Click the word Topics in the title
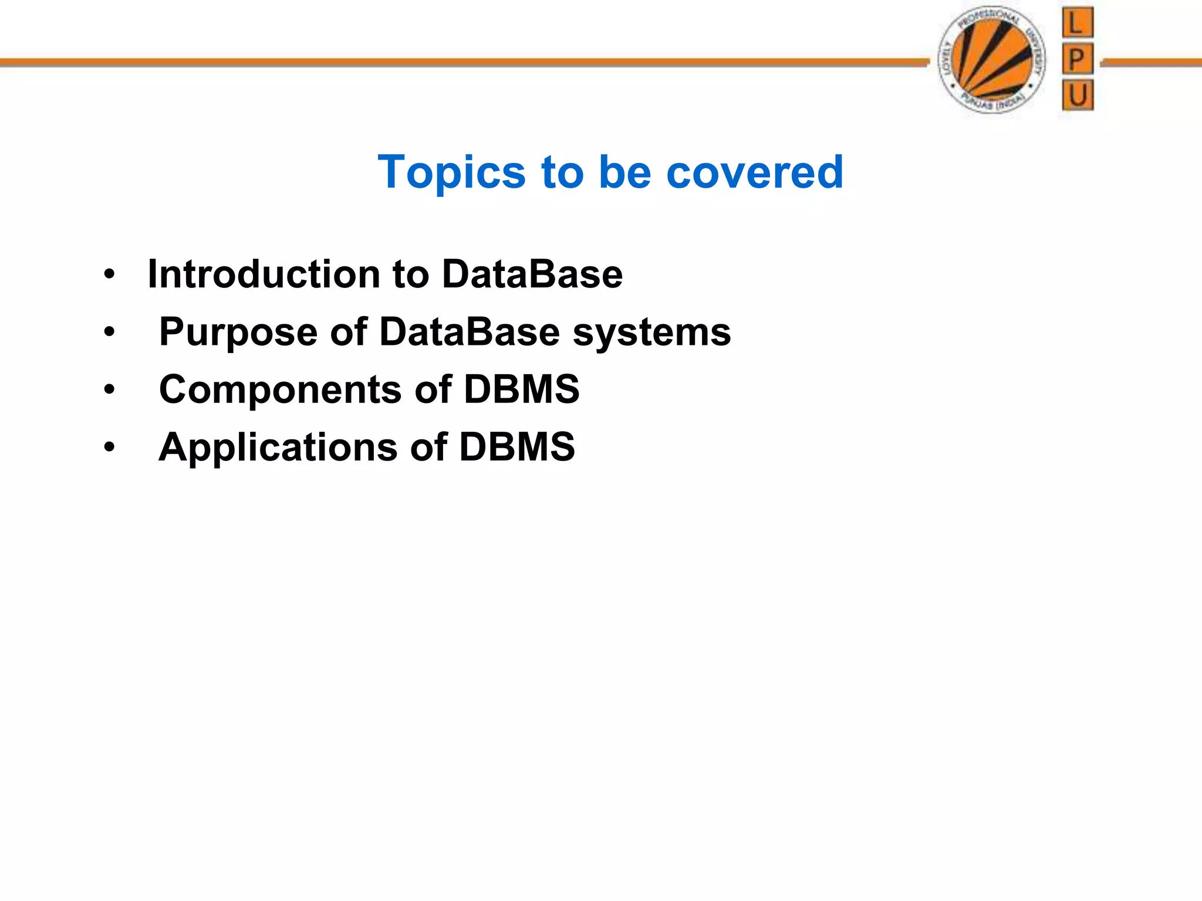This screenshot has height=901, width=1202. point(451,172)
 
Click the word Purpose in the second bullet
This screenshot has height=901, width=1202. point(238,332)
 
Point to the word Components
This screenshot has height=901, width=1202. point(280,389)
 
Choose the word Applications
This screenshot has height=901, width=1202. point(278,448)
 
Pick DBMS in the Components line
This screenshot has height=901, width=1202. point(521,389)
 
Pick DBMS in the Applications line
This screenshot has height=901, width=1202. point(516,448)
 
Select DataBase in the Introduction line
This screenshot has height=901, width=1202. point(532,274)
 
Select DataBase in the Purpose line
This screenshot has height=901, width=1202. point(470,332)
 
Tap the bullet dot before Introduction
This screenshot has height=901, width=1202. point(109,275)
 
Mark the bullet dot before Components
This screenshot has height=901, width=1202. point(109,390)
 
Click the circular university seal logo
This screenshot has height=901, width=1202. point(992,60)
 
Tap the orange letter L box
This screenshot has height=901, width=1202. point(1077,23)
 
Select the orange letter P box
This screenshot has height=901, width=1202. point(1077,59)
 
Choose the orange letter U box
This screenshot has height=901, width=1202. point(1077,95)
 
